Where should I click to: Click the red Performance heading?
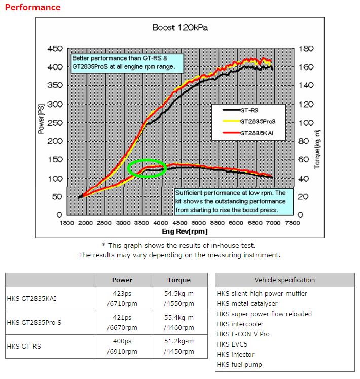click(32, 7)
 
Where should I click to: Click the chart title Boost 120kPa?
click(180, 28)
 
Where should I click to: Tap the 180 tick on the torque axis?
click(307, 49)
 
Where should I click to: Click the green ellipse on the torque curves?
click(147, 168)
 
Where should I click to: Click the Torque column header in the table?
click(179, 280)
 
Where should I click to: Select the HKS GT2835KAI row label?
click(31, 299)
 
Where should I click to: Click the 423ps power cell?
click(122, 293)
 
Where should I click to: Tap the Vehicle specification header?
click(284, 280)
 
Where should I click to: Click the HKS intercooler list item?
click(240, 324)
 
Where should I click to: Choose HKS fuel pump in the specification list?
click(239, 364)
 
